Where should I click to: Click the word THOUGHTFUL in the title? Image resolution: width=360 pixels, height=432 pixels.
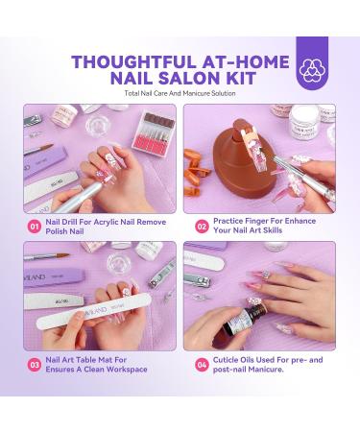129,58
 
